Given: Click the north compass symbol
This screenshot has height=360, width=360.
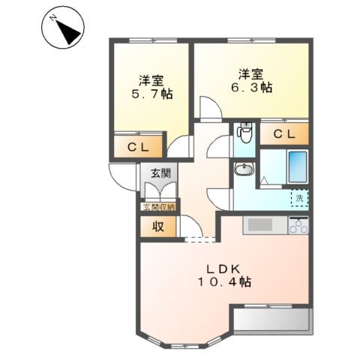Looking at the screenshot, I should (59, 31).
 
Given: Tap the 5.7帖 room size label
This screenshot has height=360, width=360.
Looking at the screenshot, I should (151, 96).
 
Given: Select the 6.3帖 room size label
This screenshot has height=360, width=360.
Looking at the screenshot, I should (250, 87).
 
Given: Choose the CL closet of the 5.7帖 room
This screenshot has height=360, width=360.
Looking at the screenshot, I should (137, 146).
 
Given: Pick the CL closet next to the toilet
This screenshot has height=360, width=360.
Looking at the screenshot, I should (283, 134).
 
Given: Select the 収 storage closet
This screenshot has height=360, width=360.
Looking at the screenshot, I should (158, 226).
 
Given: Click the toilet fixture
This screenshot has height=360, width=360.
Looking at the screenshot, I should (244, 135).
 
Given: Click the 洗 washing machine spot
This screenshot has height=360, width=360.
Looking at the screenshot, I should (299, 199).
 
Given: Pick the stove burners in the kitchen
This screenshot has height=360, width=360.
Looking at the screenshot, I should (299, 224).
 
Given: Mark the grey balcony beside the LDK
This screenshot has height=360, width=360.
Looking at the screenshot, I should (271, 321).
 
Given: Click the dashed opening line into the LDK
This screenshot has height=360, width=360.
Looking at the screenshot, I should (198, 239).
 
